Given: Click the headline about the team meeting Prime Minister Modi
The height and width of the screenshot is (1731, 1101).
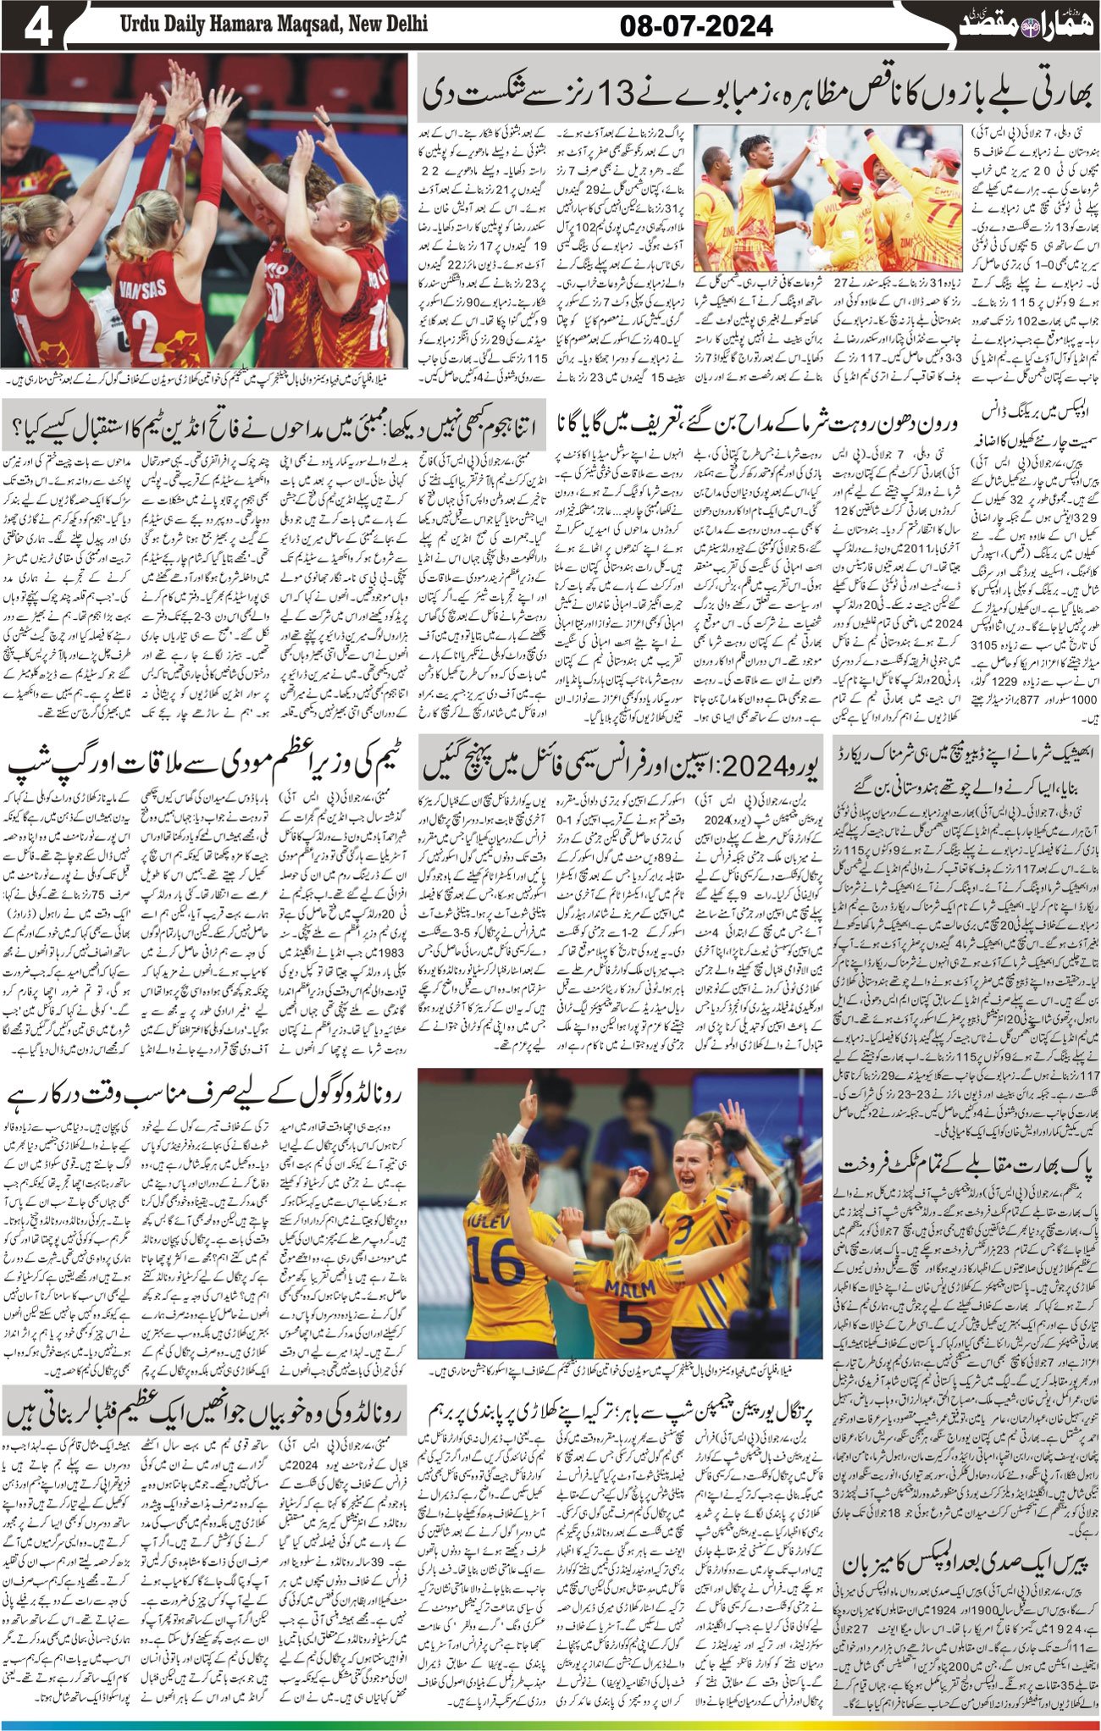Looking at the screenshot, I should (207, 763).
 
